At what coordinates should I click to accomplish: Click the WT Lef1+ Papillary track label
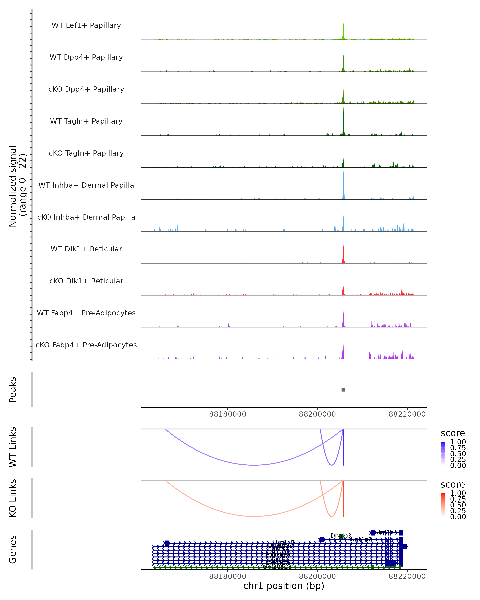click(86, 25)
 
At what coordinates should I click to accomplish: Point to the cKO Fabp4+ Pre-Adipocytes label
click(86, 345)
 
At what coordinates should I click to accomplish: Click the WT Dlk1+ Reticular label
click(86, 249)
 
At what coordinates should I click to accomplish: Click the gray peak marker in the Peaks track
click(343, 390)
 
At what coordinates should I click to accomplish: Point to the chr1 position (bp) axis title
click(284, 586)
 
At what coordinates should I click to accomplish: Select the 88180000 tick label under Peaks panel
click(228, 414)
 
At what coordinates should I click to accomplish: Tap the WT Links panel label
click(13, 447)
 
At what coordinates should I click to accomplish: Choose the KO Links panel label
click(13, 498)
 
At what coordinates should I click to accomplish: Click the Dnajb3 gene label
click(341, 535)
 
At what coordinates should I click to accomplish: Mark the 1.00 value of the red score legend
click(458, 493)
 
